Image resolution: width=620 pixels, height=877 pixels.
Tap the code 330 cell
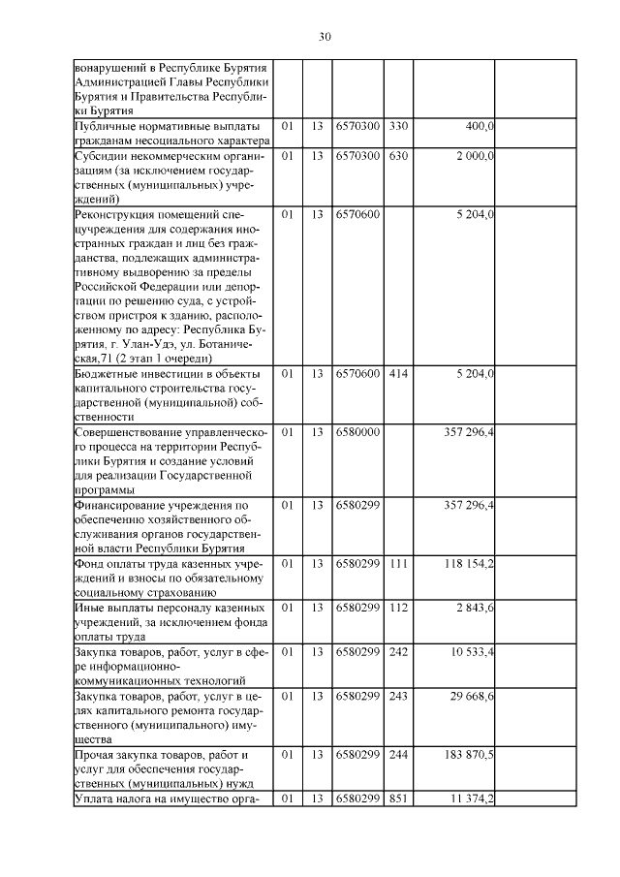coord(398,127)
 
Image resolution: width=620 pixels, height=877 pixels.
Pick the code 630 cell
coord(398,155)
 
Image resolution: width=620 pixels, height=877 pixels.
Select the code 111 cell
coord(398,563)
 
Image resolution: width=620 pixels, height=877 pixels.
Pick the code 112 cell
coord(398,607)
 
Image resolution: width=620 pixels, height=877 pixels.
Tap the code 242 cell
coord(398,652)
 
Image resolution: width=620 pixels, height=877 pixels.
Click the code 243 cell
coord(398,697)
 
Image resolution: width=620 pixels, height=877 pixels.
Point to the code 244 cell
coord(398,754)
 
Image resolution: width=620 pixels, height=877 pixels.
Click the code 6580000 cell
coord(357,431)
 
